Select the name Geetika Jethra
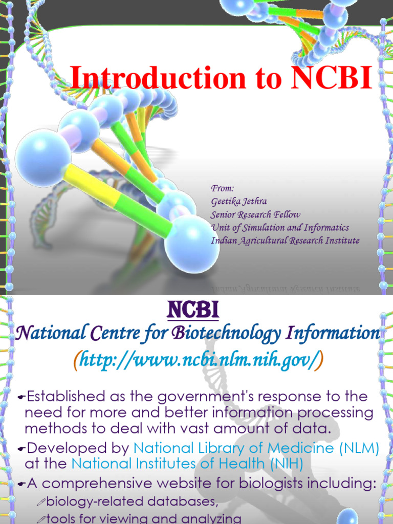[238, 202]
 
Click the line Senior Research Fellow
[255, 215]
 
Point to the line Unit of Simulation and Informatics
[280, 228]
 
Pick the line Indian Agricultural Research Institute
[285, 241]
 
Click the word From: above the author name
[222, 189]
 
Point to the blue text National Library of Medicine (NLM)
[256, 449]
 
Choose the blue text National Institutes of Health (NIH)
[187, 464]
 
